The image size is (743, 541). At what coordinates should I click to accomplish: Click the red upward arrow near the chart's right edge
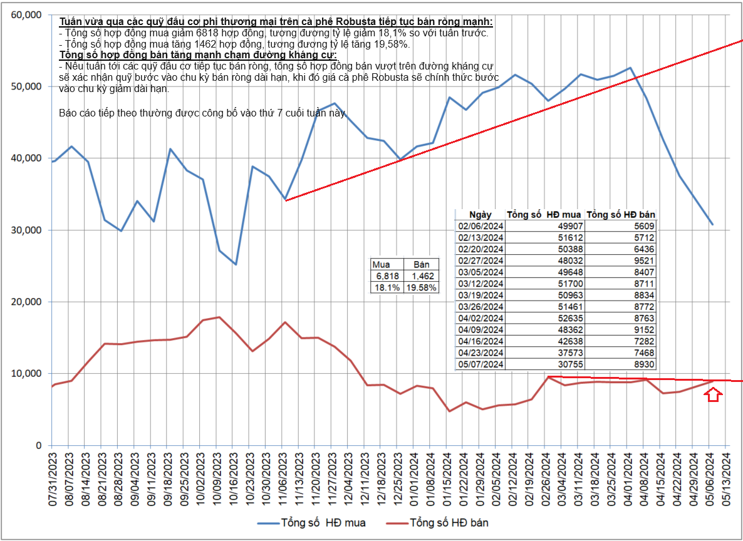pos(713,394)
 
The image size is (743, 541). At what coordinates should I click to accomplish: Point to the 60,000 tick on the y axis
pos(27,14)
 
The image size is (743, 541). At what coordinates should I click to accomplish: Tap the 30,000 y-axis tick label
pos(27,230)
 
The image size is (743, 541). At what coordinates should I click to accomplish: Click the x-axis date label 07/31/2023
pos(53,482)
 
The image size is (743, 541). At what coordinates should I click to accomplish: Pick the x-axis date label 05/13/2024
pos(726,482)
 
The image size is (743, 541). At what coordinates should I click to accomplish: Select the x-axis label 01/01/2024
pos(414,482)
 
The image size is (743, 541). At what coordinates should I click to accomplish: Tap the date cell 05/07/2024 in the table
pos(481,364)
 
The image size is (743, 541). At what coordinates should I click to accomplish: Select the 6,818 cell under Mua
pos(387,276)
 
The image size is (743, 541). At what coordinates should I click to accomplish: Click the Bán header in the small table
pos(422,264)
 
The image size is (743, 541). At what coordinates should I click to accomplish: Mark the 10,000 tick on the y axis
pos(27,373)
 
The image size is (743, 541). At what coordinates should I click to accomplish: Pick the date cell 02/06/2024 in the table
pos(481,226)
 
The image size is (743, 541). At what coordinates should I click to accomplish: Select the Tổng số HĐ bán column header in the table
pos(621,215)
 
